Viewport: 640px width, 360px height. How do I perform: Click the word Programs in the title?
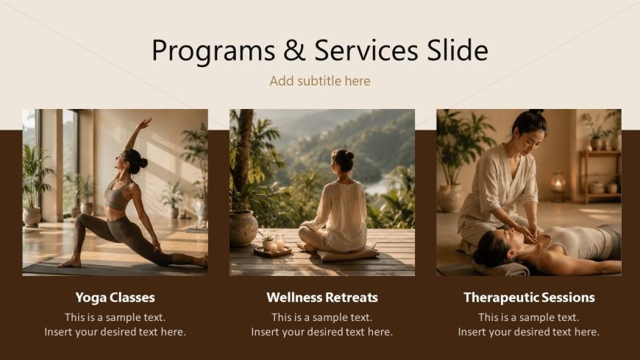tap(213, 51)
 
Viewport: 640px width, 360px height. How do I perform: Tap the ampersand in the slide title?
tap(294, 50)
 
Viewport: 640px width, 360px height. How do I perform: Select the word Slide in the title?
tap(458, 50)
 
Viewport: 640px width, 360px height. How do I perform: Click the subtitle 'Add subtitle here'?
tap(320, 81)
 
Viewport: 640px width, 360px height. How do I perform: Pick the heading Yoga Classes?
tap(115, 297)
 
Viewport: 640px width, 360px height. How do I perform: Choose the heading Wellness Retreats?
tap(322, 297)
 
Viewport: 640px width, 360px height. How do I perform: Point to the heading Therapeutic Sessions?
tap(529, 297)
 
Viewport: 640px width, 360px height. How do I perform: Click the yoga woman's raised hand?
tap(144, 124)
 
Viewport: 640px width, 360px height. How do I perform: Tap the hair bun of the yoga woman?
tap(143, 163)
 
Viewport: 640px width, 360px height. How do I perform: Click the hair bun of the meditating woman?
tap(349, 155)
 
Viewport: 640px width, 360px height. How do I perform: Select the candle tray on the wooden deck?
tap(272, 251)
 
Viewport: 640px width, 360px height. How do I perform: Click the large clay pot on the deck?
tap(243, 227)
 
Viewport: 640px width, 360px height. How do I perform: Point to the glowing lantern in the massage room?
tap(558, 183)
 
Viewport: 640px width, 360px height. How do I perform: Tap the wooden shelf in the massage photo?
tap(600, 176)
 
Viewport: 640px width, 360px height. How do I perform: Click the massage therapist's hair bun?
tap(536, 112)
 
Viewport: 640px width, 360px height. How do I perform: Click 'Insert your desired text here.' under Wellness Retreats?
tap(322, 332)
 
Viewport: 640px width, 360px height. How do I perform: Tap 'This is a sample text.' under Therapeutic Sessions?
tap(529, 317)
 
